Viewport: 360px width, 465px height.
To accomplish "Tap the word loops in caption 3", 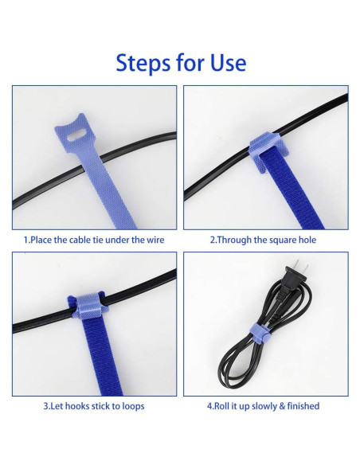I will click(x=131, y=406).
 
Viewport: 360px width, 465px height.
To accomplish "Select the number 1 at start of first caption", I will click(x=25, y=240).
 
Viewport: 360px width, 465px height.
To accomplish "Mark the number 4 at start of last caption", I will click(x=209, y=406).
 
